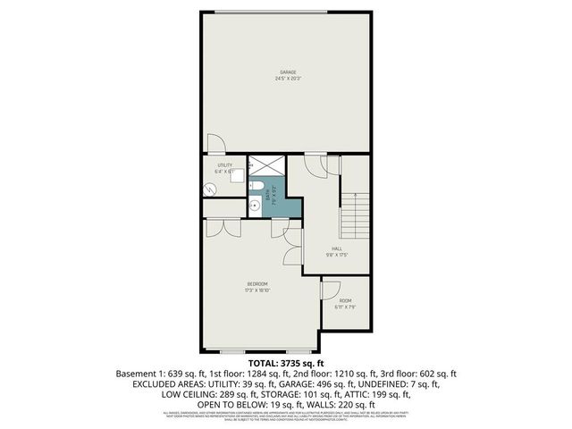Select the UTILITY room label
(224, 165)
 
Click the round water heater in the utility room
(209, 189)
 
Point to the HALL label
(337, 249)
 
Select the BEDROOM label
(257, 284)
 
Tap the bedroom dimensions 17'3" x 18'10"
(257, 290)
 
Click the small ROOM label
(345, 300)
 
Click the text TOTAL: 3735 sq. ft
(286, 363)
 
